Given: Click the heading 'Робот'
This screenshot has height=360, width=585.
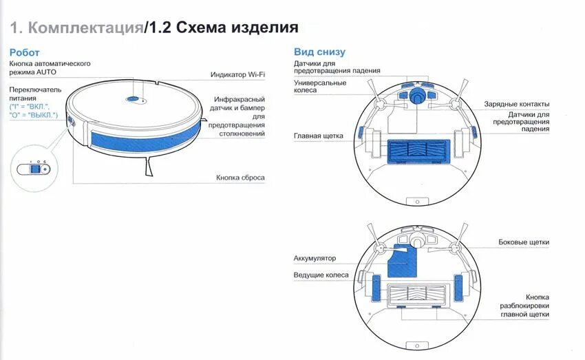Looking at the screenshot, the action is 24,52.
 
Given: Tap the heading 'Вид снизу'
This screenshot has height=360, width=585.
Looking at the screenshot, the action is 319,52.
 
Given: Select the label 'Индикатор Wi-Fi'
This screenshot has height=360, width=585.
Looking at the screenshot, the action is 237,74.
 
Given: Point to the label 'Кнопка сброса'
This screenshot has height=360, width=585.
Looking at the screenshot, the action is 240,178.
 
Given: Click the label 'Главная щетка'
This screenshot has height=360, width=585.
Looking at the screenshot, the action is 318,136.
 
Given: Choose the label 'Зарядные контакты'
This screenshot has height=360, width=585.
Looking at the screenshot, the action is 516,104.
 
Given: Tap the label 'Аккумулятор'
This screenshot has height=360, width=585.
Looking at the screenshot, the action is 315,258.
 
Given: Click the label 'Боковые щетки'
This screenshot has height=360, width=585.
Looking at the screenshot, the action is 524,242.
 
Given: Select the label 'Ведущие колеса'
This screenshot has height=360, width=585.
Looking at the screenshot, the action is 321,275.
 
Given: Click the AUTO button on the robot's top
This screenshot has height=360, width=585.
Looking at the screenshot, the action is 134,100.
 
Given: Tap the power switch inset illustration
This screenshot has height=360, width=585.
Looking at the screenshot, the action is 33,167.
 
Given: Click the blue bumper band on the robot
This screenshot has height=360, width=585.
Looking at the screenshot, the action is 145,138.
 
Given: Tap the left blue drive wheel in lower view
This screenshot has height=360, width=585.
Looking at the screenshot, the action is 376,287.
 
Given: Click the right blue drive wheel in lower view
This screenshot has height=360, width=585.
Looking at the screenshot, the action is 460,287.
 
